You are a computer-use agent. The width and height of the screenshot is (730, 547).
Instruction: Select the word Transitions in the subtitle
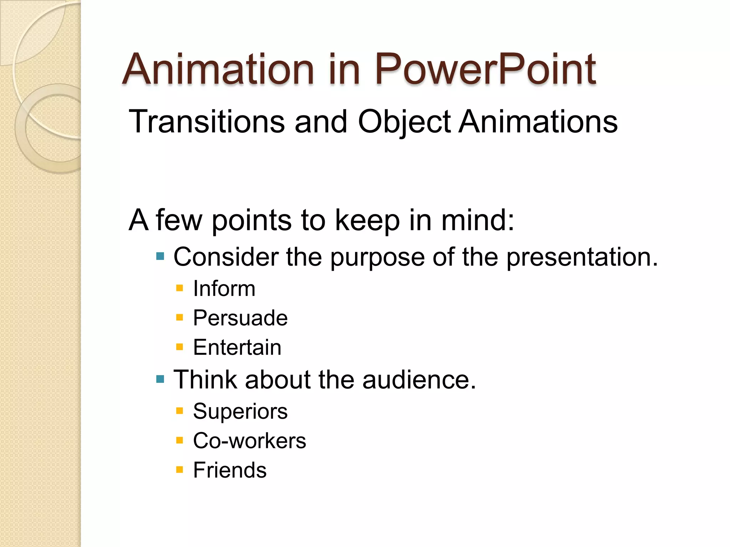[206, 122]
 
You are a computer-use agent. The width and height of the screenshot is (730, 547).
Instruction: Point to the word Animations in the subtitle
[538, 122]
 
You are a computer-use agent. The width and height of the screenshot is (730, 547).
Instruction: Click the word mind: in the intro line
[478, 220]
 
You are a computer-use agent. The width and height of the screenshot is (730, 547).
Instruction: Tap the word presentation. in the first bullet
[582, 257]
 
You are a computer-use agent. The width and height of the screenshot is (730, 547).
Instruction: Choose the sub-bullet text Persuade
[240, 318]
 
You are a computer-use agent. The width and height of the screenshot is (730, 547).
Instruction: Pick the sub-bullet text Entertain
[237, 347]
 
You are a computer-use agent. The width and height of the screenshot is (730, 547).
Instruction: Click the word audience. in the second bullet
[419, 380]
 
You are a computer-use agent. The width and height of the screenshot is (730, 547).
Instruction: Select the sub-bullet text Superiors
[240, 411]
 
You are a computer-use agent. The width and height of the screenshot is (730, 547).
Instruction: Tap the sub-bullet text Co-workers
[249, 441]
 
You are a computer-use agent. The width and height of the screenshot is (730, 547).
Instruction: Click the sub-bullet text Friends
[230, 470]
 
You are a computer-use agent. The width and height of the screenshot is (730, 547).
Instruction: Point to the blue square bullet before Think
[160, 379]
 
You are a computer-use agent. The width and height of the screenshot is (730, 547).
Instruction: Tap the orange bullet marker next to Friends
[180, 470]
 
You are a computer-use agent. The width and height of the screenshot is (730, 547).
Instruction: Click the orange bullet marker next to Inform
[180, 288]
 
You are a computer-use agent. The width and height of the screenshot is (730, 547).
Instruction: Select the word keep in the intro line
[367, 220]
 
